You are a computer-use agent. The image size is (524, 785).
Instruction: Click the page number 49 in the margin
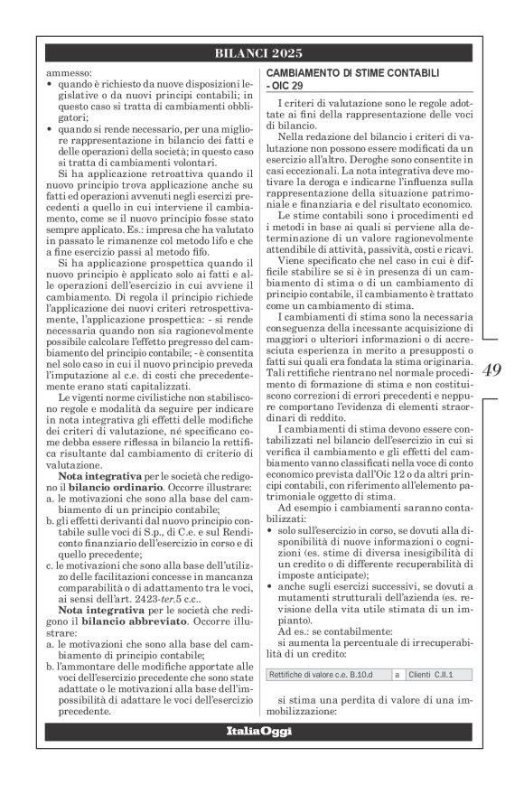(x=491, y=369)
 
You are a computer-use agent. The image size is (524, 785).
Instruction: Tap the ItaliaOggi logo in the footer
(x=261, y=729)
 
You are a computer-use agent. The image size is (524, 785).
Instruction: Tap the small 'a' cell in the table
(x=398, y=674)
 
